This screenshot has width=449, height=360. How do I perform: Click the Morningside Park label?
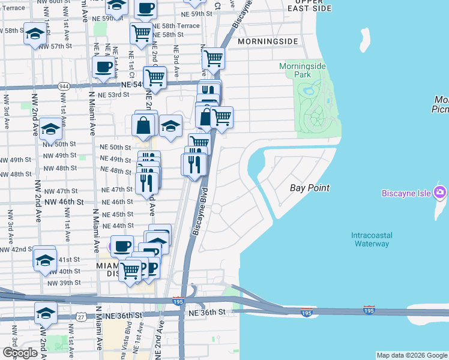coord(303,70)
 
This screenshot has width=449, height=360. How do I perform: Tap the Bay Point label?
coord(310,188)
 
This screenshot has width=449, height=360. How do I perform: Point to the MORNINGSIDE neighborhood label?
coord(267,41)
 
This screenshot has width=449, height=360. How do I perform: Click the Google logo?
coord(20,353)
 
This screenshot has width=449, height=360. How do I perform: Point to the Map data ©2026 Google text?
coord(411,355)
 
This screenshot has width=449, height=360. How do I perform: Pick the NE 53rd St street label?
coord(113,95)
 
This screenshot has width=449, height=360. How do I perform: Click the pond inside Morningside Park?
coord(310,92)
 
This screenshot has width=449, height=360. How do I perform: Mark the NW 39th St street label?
coord(63,283)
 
